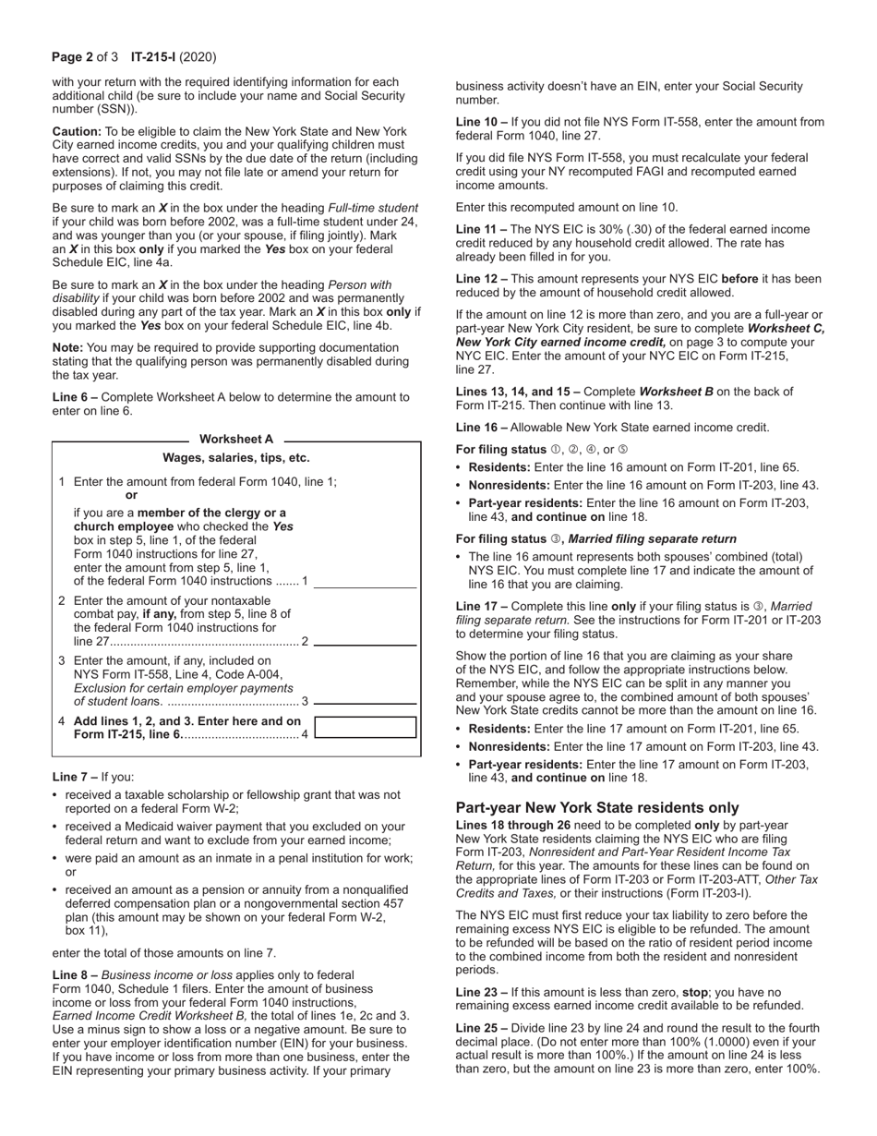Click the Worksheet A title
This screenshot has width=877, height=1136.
tap(236, 439)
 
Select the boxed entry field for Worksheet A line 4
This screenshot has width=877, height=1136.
tap(366, 727)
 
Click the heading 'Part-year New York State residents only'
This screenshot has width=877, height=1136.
tap(597, 806)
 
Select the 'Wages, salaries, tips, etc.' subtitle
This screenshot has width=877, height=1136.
tap(236, 457)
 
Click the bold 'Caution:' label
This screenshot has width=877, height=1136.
tap(77, 132)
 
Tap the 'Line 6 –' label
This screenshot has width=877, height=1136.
tap(77, 397)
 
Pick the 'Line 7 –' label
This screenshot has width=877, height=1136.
tap(75, 777)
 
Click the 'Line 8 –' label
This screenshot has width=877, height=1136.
tap(75, 975)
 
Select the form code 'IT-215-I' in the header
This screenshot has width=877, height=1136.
tap(152, 57)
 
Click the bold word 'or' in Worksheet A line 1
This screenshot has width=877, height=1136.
tap(131, 495)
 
